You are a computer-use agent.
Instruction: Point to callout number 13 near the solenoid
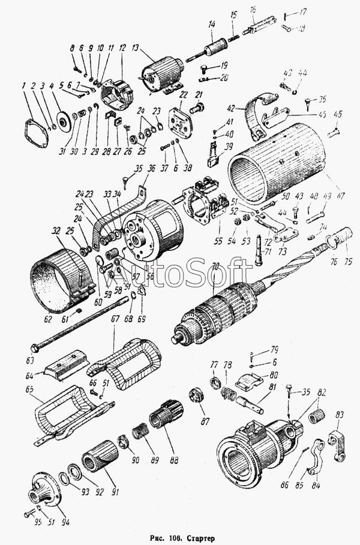[134, 47]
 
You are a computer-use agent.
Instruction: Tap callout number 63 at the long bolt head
[31, 362]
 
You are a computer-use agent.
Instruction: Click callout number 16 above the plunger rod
[253, 10]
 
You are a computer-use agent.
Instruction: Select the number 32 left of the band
[55, 230]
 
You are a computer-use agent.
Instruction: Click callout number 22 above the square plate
[184, 95]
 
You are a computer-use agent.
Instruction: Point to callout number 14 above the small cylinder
[211, 25]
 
